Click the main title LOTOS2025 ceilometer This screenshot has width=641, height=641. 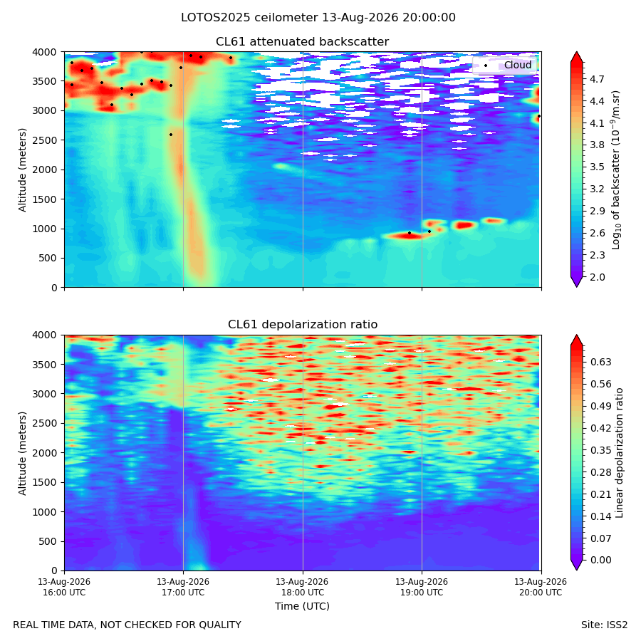point(249,18)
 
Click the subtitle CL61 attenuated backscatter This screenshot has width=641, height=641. point(302,42)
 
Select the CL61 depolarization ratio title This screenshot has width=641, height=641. point(303,325)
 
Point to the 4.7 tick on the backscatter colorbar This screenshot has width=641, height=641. point(597,79)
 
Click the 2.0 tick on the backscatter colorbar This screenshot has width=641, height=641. point(597,277)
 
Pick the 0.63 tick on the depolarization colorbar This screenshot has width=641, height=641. point(601,363)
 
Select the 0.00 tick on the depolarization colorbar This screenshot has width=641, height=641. point(601,560)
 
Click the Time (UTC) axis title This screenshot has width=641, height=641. point(302,606)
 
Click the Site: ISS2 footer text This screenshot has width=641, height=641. point(604,625)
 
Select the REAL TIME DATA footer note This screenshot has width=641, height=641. point(127,625)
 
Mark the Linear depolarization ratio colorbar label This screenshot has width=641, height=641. point(620,453)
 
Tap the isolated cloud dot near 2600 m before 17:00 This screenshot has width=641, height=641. point(171,135)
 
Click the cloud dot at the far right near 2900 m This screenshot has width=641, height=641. point(539,116)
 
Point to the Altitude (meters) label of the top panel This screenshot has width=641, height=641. point(22,170)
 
